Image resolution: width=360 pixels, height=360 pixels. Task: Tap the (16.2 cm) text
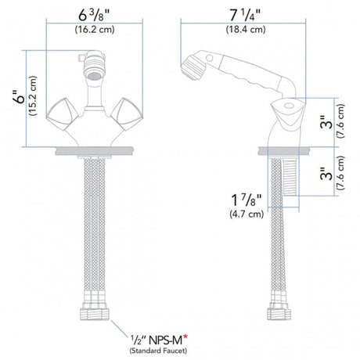(95, 29)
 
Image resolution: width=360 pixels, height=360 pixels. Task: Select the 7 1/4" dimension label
(245, 16)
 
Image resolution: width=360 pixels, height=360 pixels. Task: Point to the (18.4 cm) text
(246, 29)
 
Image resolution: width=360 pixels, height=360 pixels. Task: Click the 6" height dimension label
(20, 97)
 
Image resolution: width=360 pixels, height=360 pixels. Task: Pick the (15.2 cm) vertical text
(34, 96)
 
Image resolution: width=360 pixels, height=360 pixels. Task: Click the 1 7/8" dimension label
(247, 200)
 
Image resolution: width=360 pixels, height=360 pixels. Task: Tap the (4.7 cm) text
(247, 214)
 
